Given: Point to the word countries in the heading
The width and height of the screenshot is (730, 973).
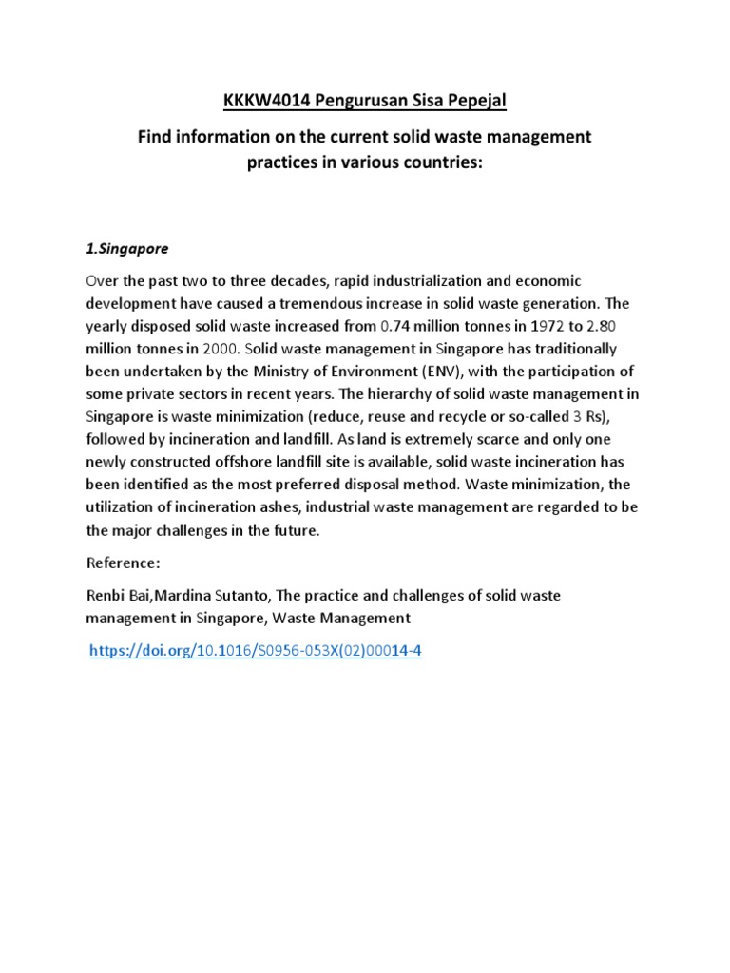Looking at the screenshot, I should (x=436, y=162).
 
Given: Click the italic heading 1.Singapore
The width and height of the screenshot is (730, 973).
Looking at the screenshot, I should (x=126, y=249).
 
